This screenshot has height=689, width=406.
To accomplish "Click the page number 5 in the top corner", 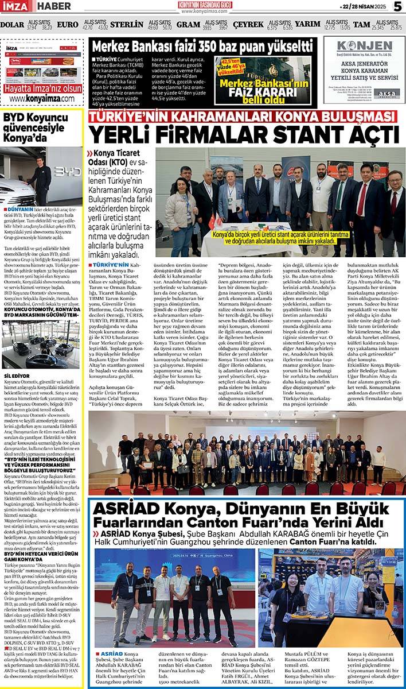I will click(397, 6).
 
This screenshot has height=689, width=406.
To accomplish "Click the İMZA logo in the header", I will click(17, 6).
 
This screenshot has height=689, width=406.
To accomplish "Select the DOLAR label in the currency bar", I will click(12, 25).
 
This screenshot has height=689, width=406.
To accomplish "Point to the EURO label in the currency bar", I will click(68, 25).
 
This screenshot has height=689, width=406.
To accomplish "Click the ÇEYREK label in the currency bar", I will click(248, 25).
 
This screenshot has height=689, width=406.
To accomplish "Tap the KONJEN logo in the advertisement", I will click(364, 47).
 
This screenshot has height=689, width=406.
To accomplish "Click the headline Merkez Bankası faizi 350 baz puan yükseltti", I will click(202, 47).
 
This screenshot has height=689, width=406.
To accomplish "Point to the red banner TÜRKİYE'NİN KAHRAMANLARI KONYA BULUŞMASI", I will click(243, 117).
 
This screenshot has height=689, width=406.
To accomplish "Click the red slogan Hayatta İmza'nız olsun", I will click(42, 88).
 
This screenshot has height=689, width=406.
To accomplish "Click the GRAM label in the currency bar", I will click(188, 25).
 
